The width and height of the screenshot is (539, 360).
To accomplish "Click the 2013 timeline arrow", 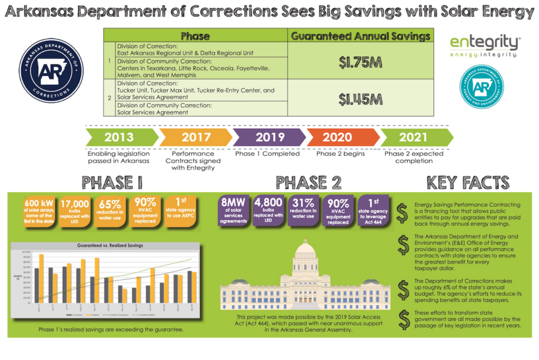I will (120, 138).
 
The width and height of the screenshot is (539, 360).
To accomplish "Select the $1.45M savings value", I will (360, 99).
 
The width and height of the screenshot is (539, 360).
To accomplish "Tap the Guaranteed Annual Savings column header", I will (360, 36).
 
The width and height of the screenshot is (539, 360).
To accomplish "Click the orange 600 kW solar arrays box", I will (39, 210).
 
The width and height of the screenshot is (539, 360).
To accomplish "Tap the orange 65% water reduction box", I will (111, 210).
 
